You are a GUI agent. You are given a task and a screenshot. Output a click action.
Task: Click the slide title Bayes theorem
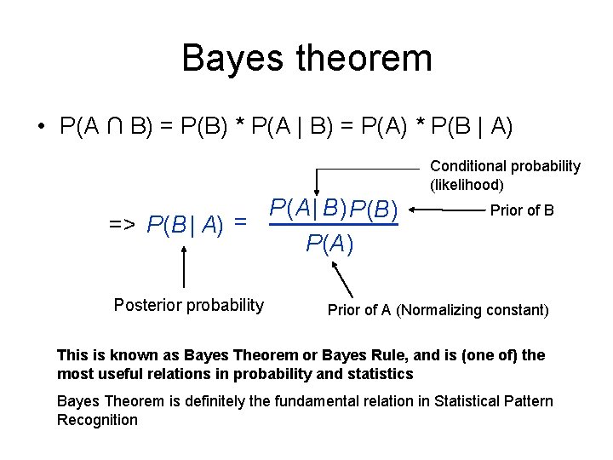(306, 58)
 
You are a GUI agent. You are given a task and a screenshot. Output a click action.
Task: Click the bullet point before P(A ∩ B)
(40, 127)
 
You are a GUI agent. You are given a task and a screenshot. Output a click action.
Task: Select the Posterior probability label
(189, 305)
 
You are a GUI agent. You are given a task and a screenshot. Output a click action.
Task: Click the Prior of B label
(522, 210)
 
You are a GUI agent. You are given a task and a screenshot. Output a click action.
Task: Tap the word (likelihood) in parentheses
(467, 184)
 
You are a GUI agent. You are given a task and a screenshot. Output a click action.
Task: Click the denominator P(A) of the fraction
(330, 244)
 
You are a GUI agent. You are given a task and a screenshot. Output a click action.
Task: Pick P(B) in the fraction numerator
(374, 207)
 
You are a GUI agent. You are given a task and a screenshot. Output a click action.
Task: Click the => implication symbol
(123, 225)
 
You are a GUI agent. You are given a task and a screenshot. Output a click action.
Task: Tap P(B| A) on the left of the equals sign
(185, 225)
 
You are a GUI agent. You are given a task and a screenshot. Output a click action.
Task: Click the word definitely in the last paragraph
(210, 401)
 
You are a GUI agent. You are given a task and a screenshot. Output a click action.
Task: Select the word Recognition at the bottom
(97, 419)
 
